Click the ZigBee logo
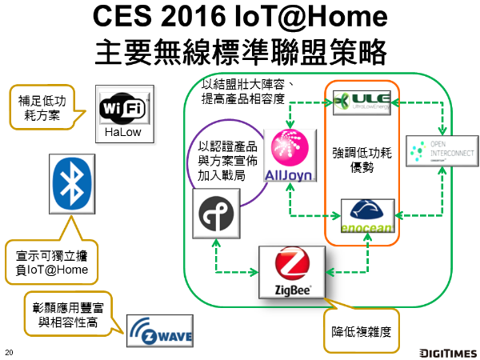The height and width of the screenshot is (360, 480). coord(291,272)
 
